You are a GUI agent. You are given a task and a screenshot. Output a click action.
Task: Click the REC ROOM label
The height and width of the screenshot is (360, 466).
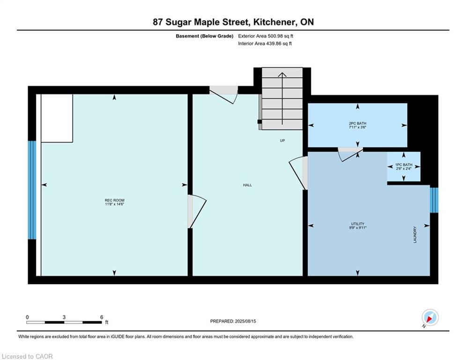(x=114, y=200)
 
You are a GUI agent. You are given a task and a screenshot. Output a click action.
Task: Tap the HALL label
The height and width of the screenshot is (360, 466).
(x=247, y=185)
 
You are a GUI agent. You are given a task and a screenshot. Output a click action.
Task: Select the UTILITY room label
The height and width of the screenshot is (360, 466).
(x=357, y=224)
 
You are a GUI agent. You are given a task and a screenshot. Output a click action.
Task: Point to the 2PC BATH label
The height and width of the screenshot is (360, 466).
(x=357, y=123)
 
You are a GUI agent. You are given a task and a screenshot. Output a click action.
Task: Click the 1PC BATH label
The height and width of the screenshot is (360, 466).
(x=404, y=165)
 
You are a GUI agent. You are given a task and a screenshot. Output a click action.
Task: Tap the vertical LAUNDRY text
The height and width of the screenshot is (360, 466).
(x=415, y=235)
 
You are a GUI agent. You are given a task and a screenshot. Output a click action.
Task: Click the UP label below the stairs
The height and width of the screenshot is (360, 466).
(x=282, y=141)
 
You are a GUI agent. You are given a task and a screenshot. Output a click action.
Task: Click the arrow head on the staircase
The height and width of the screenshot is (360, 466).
(x=282, y=75)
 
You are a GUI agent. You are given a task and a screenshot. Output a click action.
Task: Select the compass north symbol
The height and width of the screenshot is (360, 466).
(x=430, y=317)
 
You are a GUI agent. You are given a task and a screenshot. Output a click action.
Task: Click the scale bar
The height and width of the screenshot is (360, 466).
(x=64, y=322)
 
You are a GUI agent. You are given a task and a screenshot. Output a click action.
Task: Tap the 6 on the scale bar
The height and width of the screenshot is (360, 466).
(x=102, y=317)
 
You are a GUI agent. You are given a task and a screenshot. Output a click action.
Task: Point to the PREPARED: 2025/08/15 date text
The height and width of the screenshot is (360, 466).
(x=233, y=321)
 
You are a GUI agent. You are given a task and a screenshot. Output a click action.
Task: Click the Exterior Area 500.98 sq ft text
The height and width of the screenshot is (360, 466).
(x=266, y=36)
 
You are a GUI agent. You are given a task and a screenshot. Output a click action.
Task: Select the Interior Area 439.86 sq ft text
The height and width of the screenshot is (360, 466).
(x=265, y=44)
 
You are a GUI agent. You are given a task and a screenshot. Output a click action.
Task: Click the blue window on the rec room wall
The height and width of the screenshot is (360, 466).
(x=32, y=190)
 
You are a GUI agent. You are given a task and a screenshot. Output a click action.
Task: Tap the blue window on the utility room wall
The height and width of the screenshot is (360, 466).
(x=434, y=200)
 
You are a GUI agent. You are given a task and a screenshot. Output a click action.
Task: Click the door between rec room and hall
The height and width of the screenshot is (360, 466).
(x=196, y=211)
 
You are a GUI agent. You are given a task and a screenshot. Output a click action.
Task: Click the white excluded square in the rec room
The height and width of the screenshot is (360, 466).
(x=57, y=118)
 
